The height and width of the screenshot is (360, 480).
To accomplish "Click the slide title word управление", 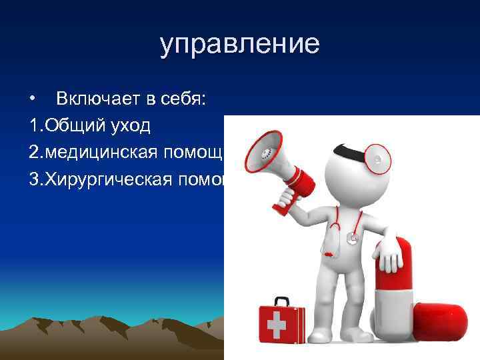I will [x=239, y=45].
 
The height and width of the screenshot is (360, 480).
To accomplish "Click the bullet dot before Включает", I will [x=33, y=100].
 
